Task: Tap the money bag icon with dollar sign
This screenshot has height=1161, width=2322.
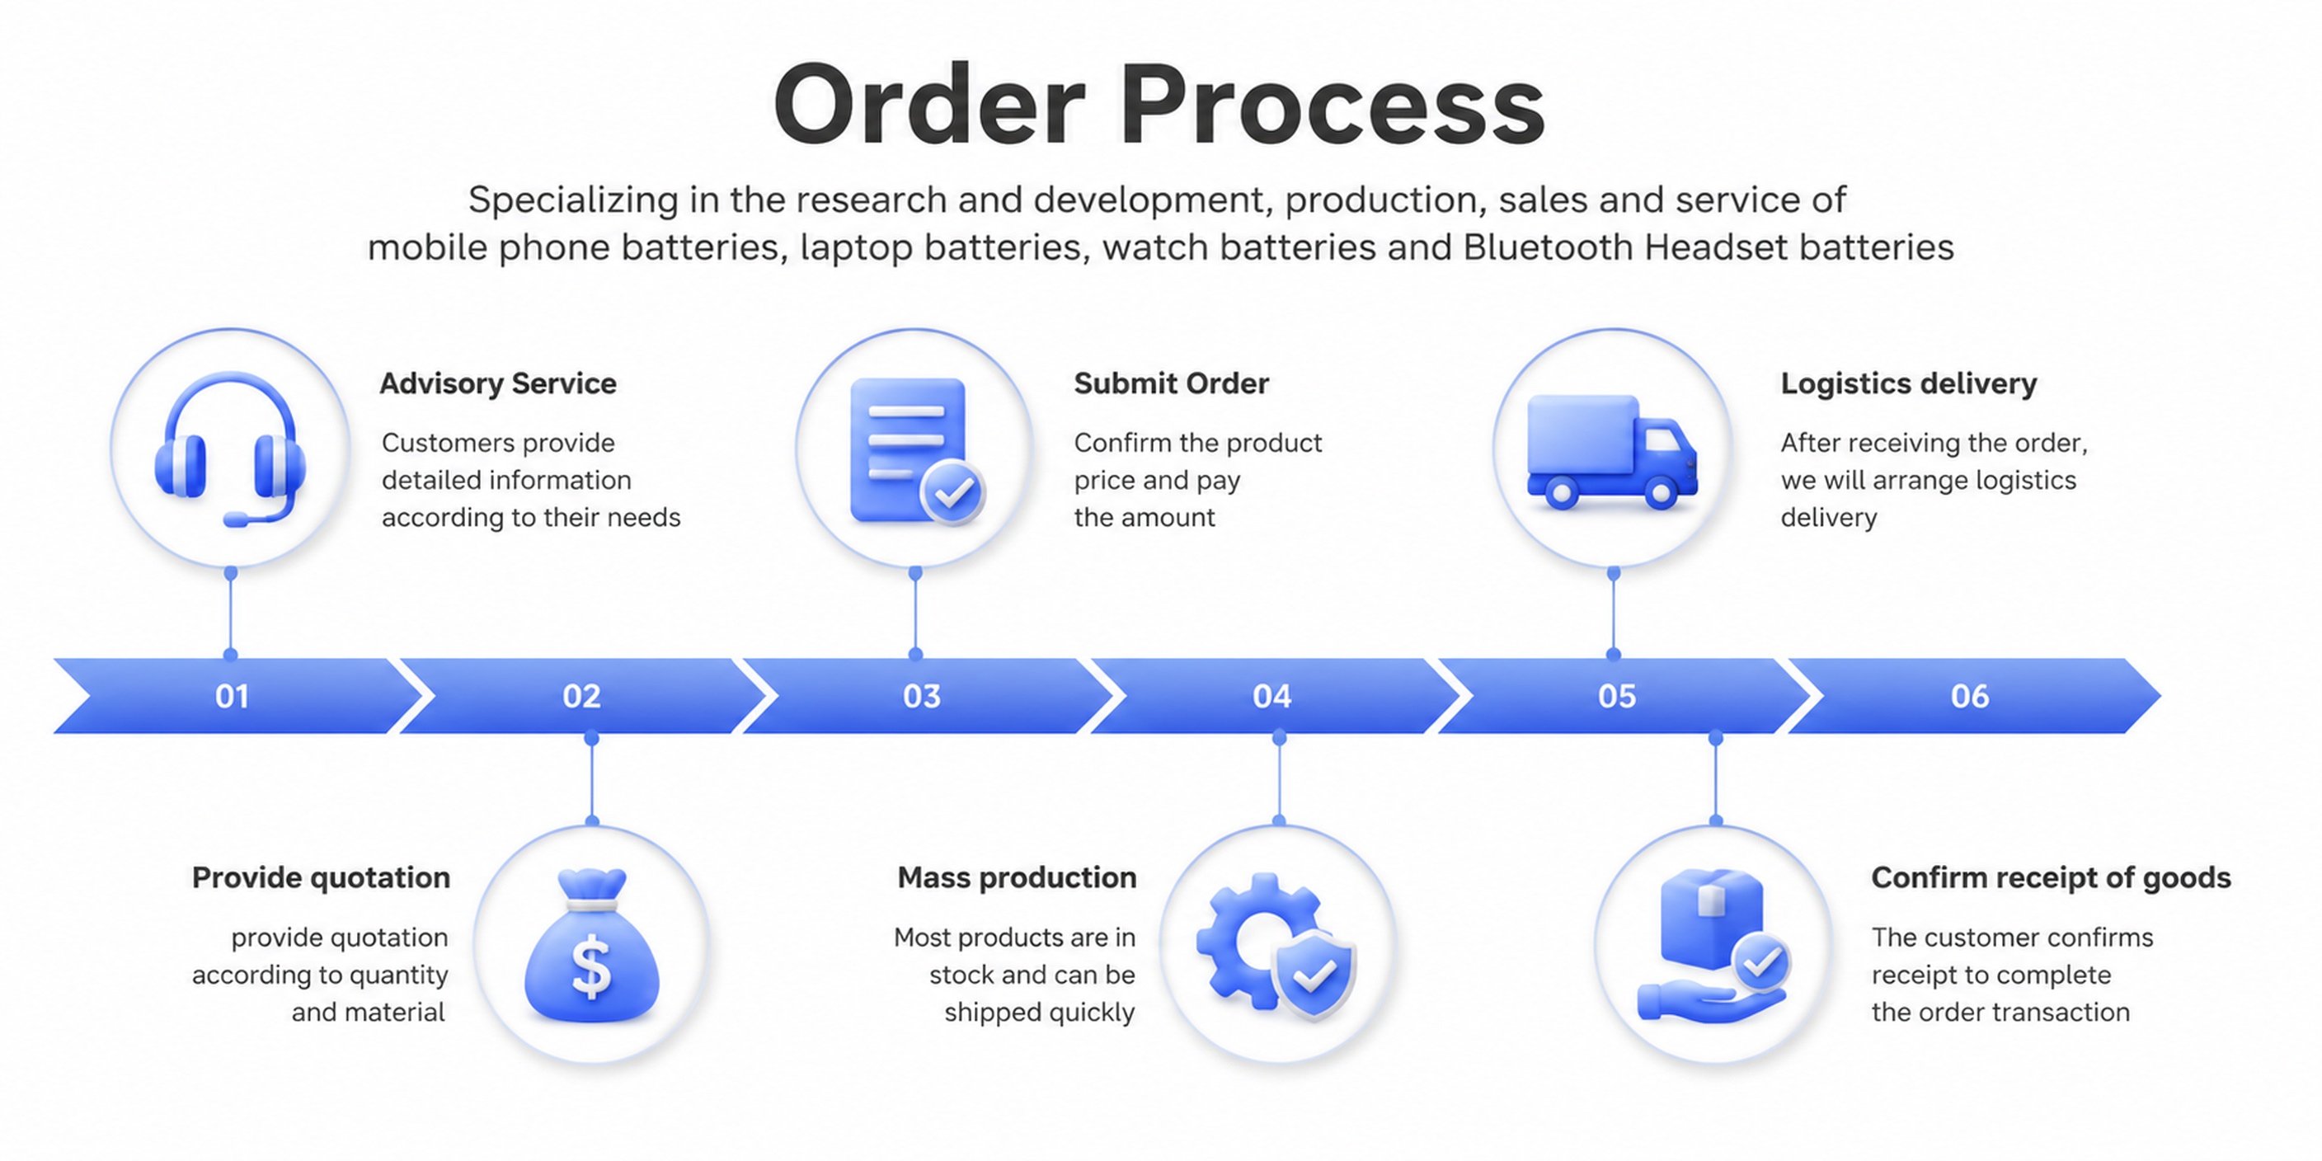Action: pyautogui.click(x=591, y=947)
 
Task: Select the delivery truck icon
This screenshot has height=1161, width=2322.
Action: pyautogui.click(x=1612, y=452)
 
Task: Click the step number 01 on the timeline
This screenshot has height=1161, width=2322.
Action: pyautogui.click(x=232, y=696)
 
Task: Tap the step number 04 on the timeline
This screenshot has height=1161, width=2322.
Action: pyautogui.click(x=1271, y=696)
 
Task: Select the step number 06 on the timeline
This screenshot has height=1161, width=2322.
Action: pyautogui.click(x=1970, y=696)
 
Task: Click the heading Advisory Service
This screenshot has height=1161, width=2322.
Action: pyautogui.click(x=497, y=383)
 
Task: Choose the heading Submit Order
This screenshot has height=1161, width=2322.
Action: pyautogui.click(x=1171, y=383)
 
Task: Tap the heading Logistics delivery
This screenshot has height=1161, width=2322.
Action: pyautogui.click(x=1908, y=384)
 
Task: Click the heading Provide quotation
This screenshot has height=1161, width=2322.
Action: pyautogui.click(x=321, y=878)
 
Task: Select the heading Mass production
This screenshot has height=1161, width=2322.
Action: pyautogui.click(x=1017, y=878)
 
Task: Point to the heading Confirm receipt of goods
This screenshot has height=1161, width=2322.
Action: pyautogui.click(x=2051, y=878)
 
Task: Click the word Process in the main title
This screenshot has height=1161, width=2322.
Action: pyautogui.click(x=1332, y=105)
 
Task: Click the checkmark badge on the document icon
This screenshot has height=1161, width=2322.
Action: pyautogui.click(x=952, y=492)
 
